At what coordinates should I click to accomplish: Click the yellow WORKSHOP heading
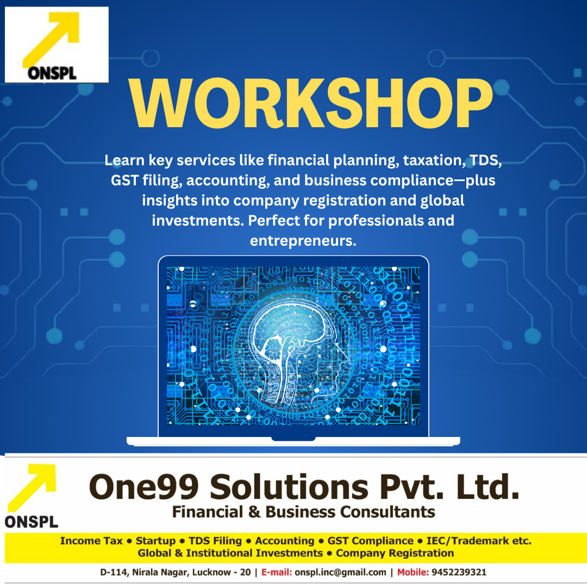click(x=311, y=104)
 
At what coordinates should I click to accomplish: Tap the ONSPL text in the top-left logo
click(x=53, y=73)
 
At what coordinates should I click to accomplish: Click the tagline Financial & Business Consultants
click(x=303, y=511)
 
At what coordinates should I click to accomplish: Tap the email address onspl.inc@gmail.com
click(x=341, y=572)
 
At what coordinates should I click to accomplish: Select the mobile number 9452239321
click(x=459, y=572)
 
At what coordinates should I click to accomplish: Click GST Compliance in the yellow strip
click(x=370, y=541)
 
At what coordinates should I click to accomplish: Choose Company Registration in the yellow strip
click(x=395, y=553)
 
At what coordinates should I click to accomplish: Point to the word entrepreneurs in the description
click(x=303, y=241)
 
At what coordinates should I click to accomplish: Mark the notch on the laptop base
click(x=293, y=438)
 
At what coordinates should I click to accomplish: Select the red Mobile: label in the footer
click(x=413, y=572)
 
